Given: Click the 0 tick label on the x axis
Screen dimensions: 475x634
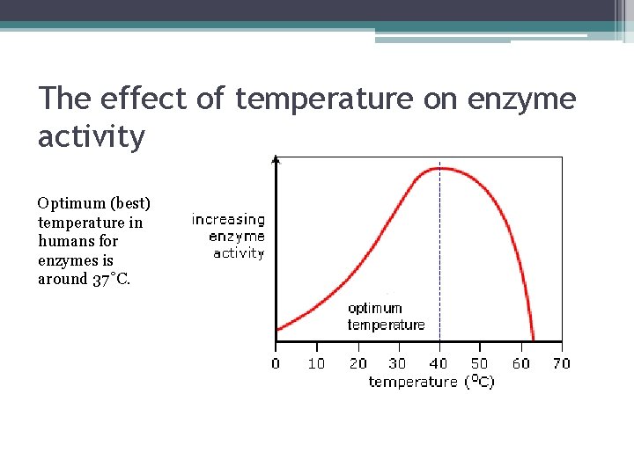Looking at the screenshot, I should pos(276,362).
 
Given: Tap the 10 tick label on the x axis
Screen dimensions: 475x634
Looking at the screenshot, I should pos(316,362).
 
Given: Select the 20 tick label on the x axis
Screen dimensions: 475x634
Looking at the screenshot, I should pos(358,362).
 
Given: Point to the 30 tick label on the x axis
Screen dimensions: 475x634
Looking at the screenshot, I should pos(398,362).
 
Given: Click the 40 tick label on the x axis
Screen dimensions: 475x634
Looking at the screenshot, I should pos(439,362).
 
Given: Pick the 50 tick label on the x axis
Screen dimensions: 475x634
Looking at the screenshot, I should pos(479,362).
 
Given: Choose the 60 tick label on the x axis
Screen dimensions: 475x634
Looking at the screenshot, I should pos(520,362).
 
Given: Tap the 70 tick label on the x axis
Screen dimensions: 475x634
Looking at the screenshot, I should pos(561,362).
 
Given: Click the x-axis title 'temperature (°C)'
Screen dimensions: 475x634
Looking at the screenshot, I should pos(431,382).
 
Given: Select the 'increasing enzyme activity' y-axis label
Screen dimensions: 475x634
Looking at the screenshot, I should pos(229,236).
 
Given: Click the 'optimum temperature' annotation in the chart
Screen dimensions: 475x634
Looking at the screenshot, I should pos(386,317).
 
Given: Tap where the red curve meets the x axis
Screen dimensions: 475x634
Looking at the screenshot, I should pos(534,340).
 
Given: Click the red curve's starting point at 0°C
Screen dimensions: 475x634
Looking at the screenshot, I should pos(277,330).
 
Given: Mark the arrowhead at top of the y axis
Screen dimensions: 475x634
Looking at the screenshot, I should pos(276,160).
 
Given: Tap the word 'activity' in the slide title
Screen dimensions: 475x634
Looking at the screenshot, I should pos(91,136).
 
